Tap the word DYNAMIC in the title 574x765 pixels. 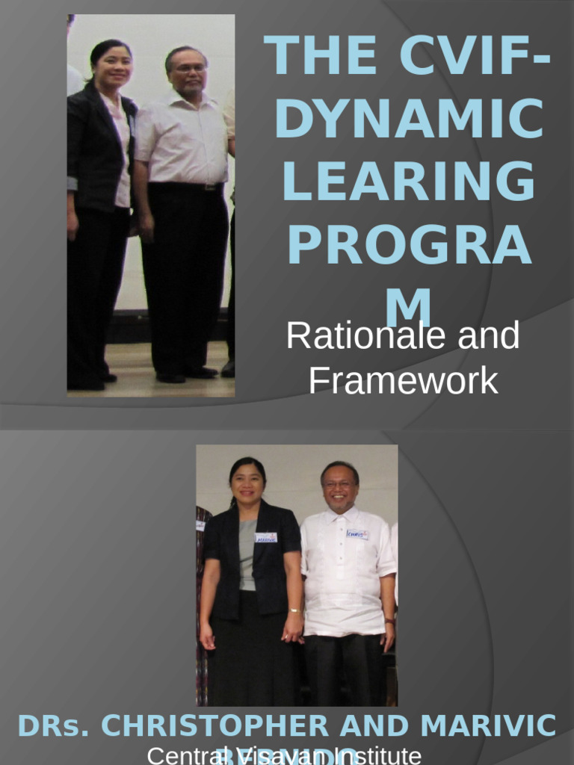(409, 120)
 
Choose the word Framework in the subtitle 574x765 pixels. (403, 380)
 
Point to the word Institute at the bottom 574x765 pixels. (372, 755)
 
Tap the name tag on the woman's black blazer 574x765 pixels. (265, 537)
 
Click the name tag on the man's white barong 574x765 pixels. (357, 534)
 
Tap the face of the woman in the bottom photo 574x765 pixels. (247, 483)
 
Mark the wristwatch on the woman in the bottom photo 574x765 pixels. (294, 611)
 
